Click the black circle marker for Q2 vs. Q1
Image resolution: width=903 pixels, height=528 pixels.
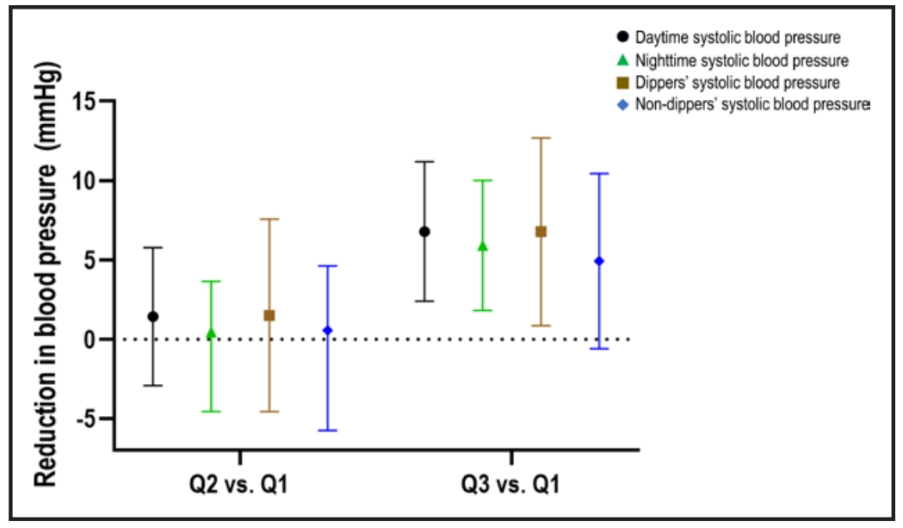click(153, 316)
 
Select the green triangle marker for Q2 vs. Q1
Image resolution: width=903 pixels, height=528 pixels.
click(211, 333)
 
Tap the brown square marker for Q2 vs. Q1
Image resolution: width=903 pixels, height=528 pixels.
click(269, 315)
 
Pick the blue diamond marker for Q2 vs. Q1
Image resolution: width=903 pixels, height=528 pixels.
click(327, 331)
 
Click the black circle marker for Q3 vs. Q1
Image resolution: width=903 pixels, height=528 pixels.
click(424, 231)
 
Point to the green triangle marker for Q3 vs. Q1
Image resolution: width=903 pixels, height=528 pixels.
click(482, 246)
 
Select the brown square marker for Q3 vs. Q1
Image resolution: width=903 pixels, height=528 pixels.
click(541, 231)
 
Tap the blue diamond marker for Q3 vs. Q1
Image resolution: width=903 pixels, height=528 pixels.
click(599, 261)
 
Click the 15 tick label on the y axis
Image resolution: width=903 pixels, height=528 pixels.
click(85, 101)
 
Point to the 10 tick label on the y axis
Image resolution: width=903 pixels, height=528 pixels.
click(85, 181)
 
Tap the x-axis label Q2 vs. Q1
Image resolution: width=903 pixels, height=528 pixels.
click(239, 485)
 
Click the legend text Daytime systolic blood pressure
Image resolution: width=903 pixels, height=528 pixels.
click(738, 38)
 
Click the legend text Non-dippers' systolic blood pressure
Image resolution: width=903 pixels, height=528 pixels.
click(753, 105)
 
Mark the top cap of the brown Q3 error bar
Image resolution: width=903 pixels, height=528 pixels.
click(541, 138)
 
